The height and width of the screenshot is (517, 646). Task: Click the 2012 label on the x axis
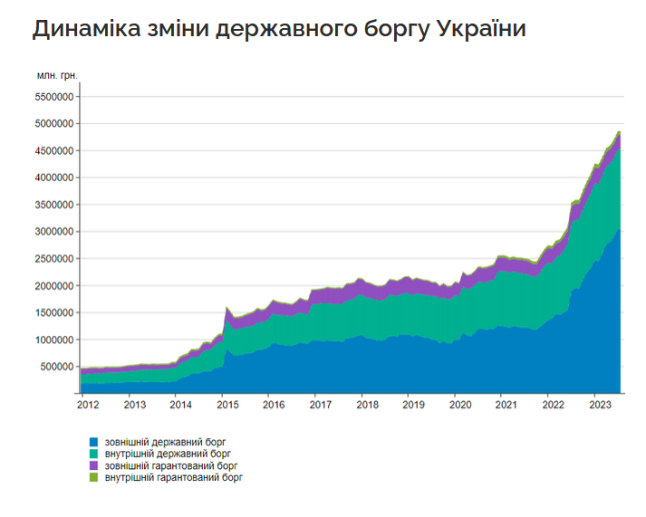point(88,405)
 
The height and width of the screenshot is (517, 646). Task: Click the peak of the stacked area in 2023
point(619,132)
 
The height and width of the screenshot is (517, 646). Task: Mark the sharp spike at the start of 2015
point(226,308)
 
